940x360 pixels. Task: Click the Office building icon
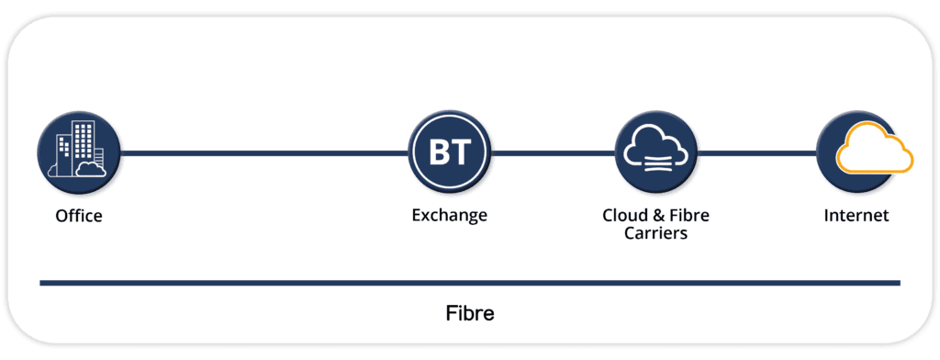pyautogui.click(x=78, y=152)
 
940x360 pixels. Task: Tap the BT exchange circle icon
pyautogui.click(x=449, y=152)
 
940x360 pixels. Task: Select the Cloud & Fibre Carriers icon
pyautogui.click(x=655, y=152)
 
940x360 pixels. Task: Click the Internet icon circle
pyautogui.click(x=856, y=152)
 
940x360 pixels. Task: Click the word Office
pyautogui.click(x=78, y=217)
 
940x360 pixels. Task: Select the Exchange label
pyautogui.click(x=449, y=216)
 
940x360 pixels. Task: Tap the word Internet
pyautogui.click(x=856, y=216)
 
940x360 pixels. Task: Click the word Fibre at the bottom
pyautogui.click(x=469, y=313)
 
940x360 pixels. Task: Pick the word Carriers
pyautogui.click(x=655, y=233)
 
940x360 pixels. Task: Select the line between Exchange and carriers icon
pyautogui.click(x=552, y=152)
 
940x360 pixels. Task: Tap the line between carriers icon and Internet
pyautogui.click(x=755, y=152)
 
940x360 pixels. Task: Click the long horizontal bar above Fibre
pyautogui.click(x=469, y=284)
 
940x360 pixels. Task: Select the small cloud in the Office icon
pyautogui.click(x=89, y=168)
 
